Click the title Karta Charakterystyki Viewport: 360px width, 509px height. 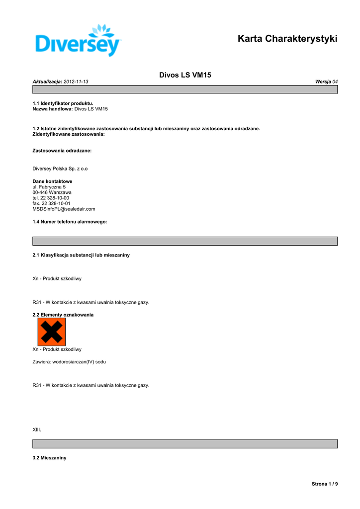coord(287,39)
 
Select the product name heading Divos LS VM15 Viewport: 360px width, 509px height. coord(185,75)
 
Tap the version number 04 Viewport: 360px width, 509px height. coord(335,81)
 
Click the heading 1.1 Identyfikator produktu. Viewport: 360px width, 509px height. coord(63,103)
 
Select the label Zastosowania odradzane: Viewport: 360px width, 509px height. coord(62,150)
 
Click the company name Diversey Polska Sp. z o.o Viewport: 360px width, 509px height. coord(60,169)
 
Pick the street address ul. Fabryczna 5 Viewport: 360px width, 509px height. coord(49,187)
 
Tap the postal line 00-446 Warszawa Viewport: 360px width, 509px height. coord(52,192)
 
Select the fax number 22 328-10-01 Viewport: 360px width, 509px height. coord(55,203)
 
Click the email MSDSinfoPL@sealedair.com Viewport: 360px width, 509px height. coord(64,209)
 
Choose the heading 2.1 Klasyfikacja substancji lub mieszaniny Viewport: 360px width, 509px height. coord(81,255)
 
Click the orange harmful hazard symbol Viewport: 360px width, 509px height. coord(52,332)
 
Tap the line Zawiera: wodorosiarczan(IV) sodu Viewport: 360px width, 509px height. coord(69,362)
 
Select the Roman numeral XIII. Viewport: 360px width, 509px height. coord(37,429)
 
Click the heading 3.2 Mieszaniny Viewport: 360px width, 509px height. coord(49,458)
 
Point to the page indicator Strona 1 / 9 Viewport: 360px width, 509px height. coord(324,484)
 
